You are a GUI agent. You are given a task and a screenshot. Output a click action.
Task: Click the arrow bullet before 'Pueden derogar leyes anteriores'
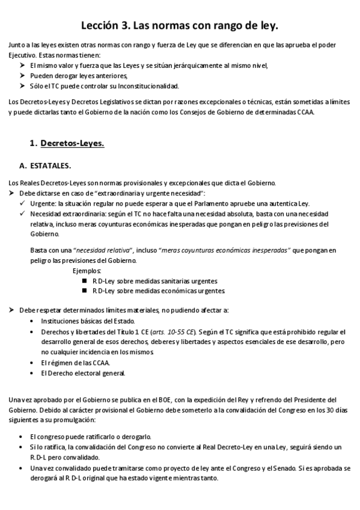(22, 75)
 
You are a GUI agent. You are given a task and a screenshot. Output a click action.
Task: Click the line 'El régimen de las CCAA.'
(75, 363)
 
